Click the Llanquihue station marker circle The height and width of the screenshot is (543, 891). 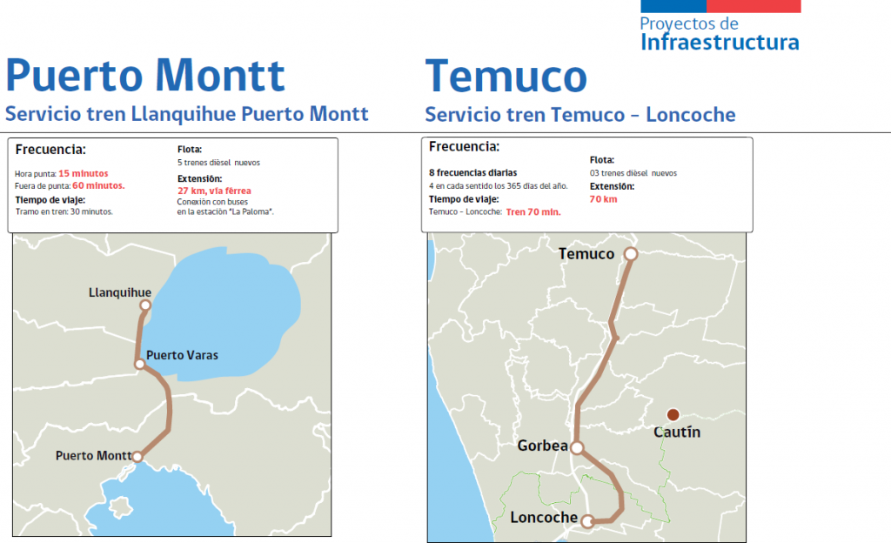(x=146, y=305)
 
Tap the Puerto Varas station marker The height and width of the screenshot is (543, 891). (x=139, y=364)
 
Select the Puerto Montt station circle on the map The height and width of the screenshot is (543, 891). (x=137, y=456)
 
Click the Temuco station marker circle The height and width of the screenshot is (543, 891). (x=631, y=254)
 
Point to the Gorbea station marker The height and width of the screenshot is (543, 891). (x=577, y=448)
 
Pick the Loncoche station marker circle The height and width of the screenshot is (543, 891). (x=588, y=522)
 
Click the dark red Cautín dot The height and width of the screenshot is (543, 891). (x=672, y=414)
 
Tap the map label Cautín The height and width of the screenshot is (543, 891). (x=677, y=432)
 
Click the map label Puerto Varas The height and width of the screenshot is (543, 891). (x=182, y=355)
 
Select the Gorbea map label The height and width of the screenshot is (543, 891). (x=542, y=446)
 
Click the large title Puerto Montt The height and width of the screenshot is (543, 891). (x=145, y=77)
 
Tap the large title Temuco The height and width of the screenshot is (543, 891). (x=506, y=77)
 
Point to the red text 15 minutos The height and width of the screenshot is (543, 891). (x=84, y=173)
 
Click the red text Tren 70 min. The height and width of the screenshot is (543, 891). (x=533, y=211)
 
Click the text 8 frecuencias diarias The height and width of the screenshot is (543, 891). (x=472, y=172)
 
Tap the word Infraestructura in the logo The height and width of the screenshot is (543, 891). (x=720, y=42)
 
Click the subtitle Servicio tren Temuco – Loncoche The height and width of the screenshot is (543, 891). (x=580, y=115)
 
